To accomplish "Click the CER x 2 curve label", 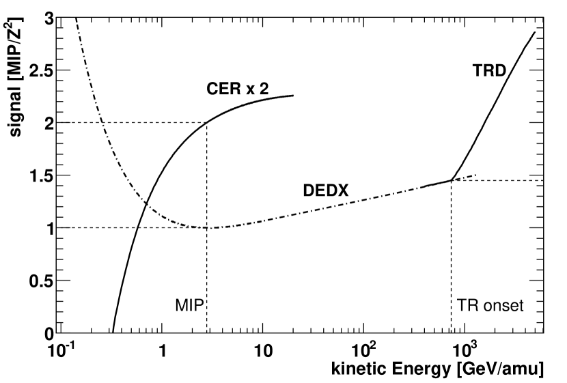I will (x=239, y=88).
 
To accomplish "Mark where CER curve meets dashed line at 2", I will (x=206, y=123).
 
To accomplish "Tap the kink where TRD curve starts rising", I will (x=452, y=180).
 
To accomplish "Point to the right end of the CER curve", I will (x=294, y=96).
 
